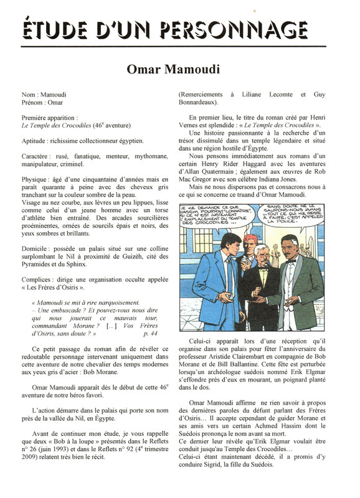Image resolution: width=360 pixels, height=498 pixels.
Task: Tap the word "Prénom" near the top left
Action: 32,102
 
